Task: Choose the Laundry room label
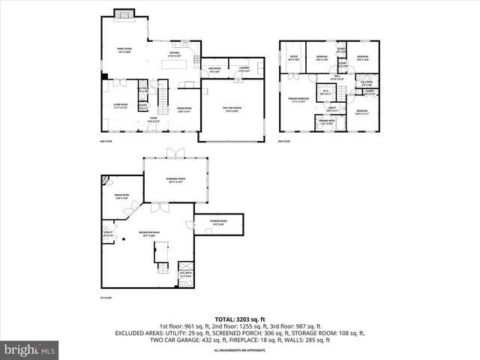244,69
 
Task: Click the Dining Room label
184,109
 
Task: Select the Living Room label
120,105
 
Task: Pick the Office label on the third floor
294,57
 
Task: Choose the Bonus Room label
121,198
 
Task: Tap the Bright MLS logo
30,349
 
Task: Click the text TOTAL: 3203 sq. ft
239,319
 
